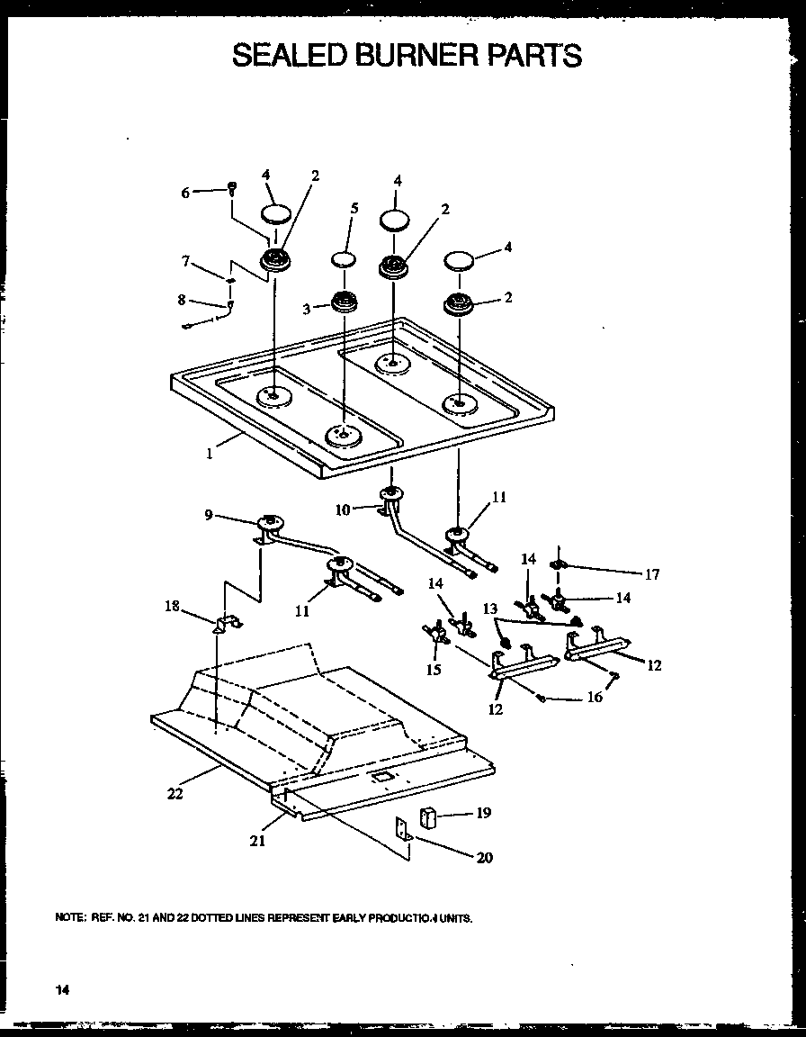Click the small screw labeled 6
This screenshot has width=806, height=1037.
coord(232,188)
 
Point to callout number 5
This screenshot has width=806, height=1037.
coord(354,208)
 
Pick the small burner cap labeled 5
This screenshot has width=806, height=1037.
coord(343,260)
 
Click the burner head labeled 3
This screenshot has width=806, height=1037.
coord(343,302)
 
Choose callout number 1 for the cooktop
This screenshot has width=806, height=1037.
coord(209,454)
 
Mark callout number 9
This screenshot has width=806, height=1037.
coord(209,515)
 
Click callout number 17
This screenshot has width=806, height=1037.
coord(652,574)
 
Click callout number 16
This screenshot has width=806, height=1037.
coord(594,698)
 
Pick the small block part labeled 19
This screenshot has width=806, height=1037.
coord(428,819)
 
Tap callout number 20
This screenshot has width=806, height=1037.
coord(484,857)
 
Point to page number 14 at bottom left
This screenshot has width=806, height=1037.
coord(61,989)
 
